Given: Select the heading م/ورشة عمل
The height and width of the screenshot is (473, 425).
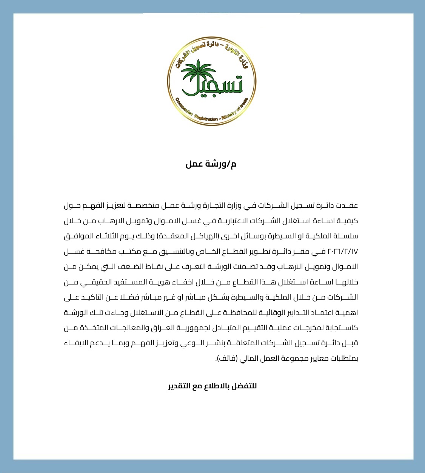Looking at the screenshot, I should pyautogui.click(x=211, y=164).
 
